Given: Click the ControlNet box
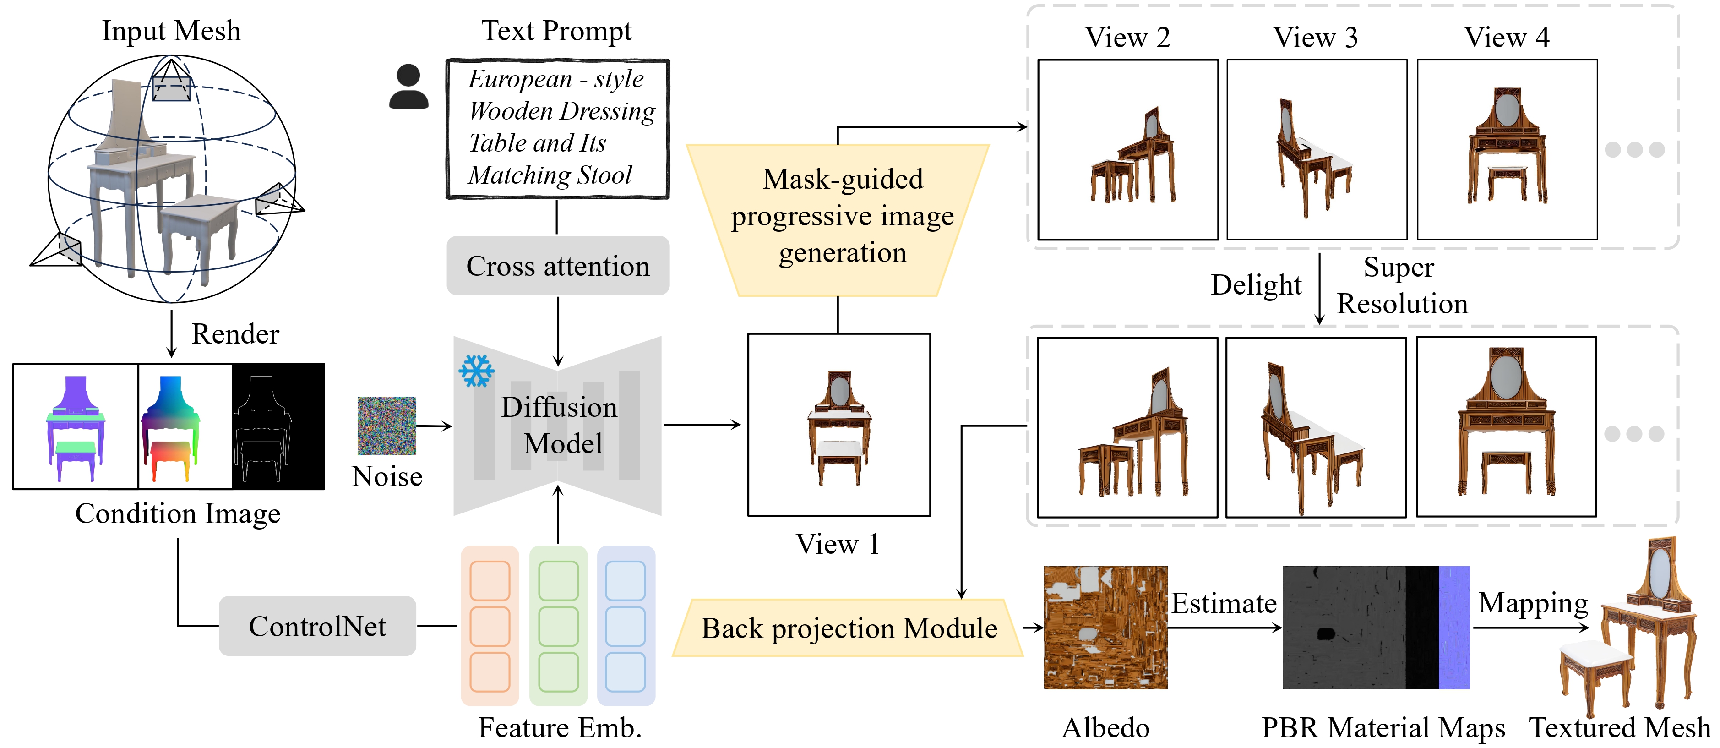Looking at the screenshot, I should click(317, 626).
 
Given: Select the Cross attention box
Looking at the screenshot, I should click(557, 266).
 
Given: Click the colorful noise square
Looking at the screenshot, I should click(386, 426).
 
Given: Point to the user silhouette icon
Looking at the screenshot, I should click(408, 87).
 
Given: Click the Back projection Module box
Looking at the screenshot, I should click(848, 628).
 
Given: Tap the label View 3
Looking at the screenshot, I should click(1315, 38).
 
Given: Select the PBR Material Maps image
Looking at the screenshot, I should click(1376, 628).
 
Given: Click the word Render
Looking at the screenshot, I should click(235, 334).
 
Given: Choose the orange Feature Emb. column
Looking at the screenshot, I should click(490, 626).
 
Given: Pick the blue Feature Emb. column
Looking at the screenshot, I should click(626, 626).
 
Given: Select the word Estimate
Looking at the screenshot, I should click(1224, 603).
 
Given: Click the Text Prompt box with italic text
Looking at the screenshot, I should click(557, 129).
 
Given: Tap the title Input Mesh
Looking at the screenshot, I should click(171, 31).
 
